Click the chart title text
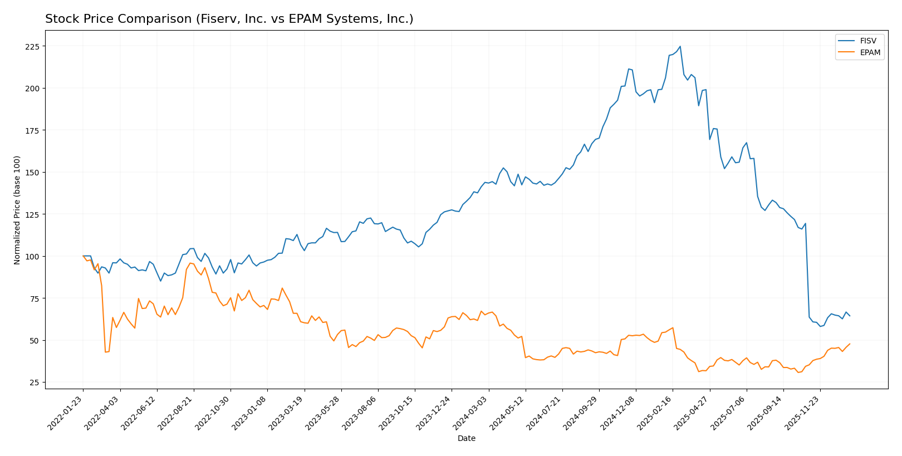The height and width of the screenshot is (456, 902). [x=229, y=19]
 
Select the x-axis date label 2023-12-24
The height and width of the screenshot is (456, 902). [x=434, y=413]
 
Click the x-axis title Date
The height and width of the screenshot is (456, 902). [x=466, y=439]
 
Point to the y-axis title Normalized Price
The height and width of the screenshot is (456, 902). [x=17, y=210]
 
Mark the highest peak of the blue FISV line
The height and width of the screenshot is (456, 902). [x=680, y=47]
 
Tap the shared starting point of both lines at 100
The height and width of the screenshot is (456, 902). [x=84, y=256]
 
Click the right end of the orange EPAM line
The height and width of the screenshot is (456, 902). [x=850, y=344]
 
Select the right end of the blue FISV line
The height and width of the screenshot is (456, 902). [x=850, y=316]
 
